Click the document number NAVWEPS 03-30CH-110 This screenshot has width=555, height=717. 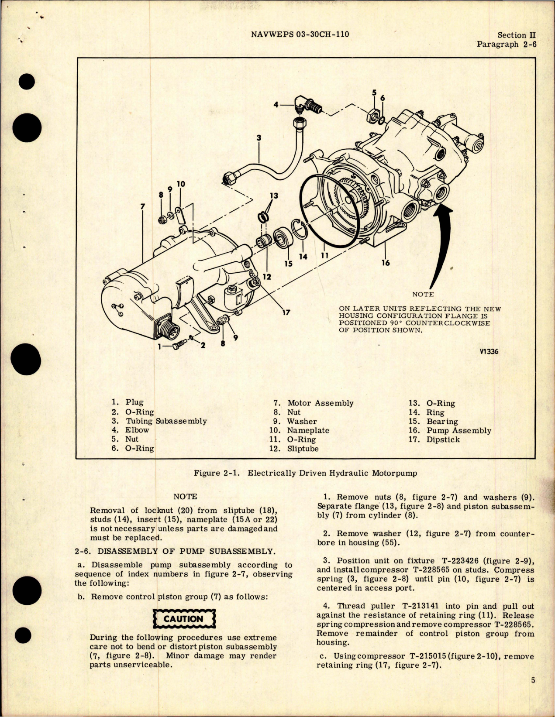[x=300, y=34]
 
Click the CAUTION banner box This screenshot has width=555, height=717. [x=183, y=619]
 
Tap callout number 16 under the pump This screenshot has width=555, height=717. [x=386, y=263]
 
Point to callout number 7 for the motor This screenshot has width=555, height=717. [x=142, y=207]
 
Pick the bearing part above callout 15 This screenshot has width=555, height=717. [x=281, y=240]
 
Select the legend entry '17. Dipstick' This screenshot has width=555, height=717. [x=434, y=439]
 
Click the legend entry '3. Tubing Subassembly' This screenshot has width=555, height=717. [x=159, y=421]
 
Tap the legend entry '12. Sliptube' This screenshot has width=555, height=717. [x=294, y=449]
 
